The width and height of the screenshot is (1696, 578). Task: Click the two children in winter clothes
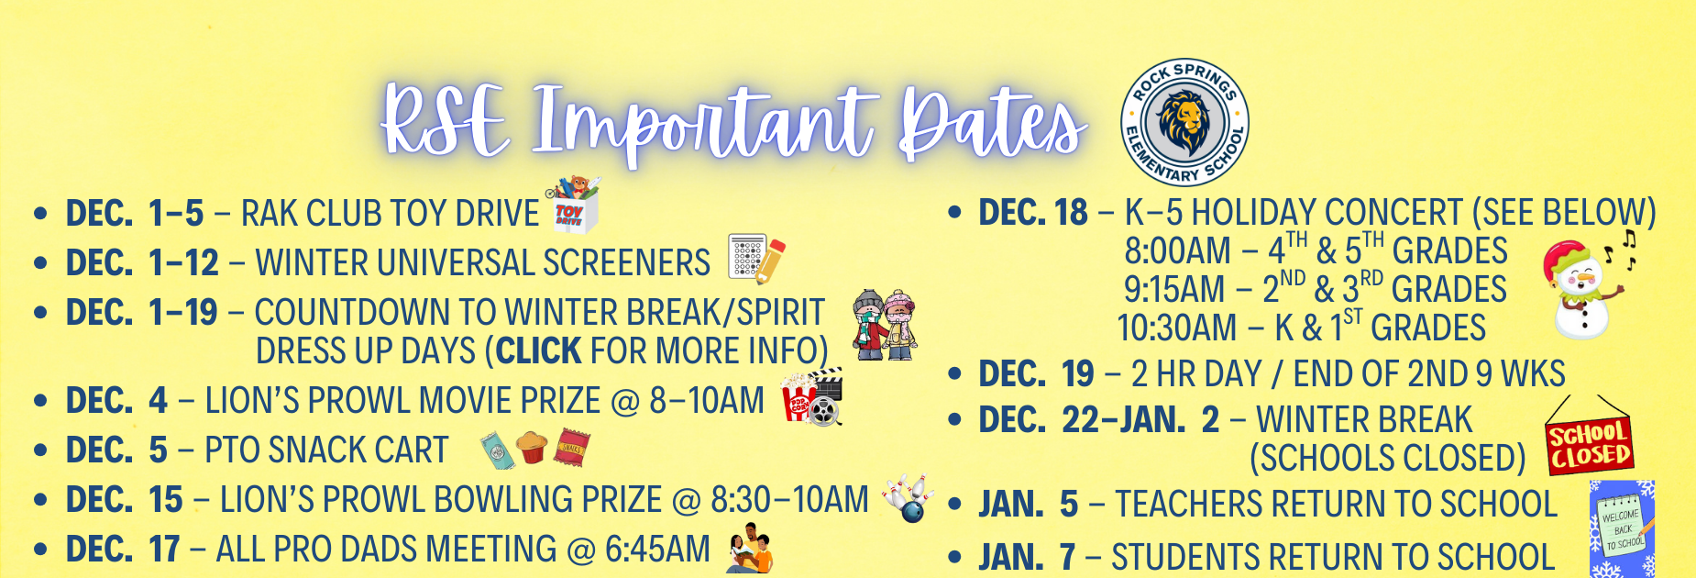(x=884, y=325)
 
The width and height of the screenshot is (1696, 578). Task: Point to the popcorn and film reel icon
(x=811, y=397)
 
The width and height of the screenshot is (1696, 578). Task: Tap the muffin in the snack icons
(x=532, y=448)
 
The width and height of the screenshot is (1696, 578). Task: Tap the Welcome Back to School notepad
(x=1621, y=529)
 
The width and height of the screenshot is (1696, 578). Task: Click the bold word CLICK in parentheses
(x=538, y=351)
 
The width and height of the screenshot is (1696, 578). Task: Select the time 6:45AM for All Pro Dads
(x=657, y=550)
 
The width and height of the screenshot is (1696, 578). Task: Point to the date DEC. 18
(x=1032, y=213)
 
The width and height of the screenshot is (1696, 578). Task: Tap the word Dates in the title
(x=991, y=124)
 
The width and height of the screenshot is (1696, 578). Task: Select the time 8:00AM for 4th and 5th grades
(x=1177, y=251)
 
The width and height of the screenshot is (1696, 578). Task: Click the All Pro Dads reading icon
(x=750, y=550)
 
